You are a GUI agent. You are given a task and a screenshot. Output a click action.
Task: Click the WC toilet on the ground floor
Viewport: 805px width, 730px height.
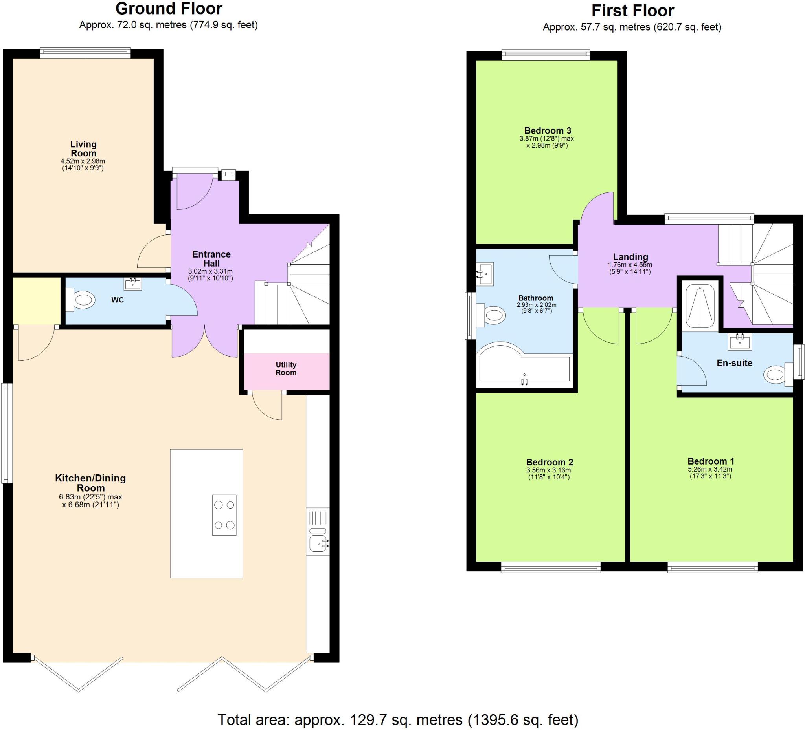[81, 300]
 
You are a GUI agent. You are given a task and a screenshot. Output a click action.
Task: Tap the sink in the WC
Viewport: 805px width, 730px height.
[132, 284]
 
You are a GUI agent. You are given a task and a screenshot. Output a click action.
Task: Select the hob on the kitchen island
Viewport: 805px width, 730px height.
[224, 514]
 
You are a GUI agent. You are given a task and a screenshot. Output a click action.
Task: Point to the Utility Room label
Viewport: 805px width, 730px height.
[286, 369]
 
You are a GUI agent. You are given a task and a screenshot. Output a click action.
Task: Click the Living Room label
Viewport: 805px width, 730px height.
[83, 148]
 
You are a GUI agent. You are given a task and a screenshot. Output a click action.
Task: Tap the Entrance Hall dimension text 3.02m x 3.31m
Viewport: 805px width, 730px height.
[210, 272]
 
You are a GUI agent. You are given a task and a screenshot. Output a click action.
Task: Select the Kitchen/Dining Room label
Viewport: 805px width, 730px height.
[91, 483]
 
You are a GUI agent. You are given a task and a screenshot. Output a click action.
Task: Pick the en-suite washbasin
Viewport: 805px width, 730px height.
[740, 342]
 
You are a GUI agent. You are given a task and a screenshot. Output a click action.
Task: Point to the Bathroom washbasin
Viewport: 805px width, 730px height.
[485, 274]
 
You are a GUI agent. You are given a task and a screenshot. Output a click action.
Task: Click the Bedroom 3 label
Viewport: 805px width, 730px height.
[548, 130]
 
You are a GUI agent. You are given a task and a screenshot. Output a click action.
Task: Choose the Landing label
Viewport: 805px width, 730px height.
[630, 257]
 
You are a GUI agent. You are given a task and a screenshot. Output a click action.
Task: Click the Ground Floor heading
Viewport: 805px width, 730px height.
[169, 9]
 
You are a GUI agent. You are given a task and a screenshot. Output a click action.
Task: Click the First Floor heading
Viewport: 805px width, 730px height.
[632, 11]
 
